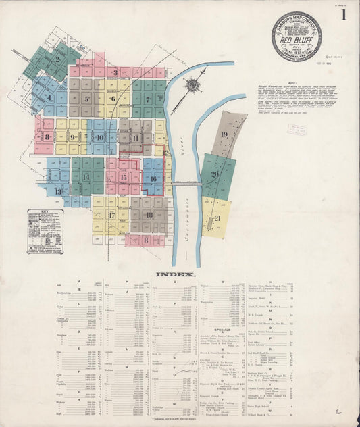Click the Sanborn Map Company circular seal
(x=297, y=36)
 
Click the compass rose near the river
(x=193, y=84)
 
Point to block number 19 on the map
(x=224, y=134)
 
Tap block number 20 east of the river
(x=215, y=174)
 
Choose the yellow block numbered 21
(x=217, y=218)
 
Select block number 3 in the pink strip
(x=115, y=72)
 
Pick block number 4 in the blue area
(x=49, y=98)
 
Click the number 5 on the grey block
(x=86, y=99)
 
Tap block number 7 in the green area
(x=147, y=99)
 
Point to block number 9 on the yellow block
(x=72, y=136)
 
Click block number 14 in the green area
(x=86, y=177)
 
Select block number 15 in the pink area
(x=123, y=177)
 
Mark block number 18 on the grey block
(x=149, y=215)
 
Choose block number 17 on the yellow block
(x=112, y=216)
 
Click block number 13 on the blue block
(x=59, y=191)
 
